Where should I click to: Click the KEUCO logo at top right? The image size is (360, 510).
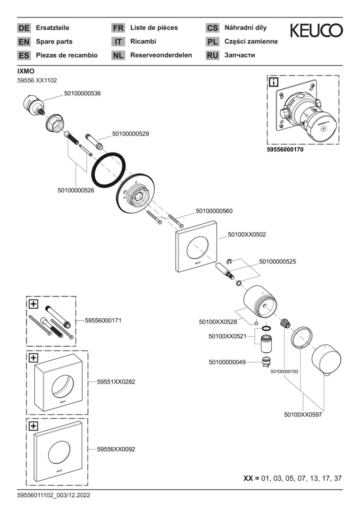pos(316,31)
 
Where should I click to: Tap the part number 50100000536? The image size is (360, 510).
pos(83,93)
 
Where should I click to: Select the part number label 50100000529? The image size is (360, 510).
pos(130,134)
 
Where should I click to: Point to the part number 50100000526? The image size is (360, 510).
pos(76,190)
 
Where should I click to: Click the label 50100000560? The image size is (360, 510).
pos(214,211)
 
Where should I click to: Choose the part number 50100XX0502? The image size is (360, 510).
pos(247,234)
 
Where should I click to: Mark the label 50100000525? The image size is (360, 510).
pos(277,261)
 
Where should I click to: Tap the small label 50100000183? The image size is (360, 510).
pos(284,372)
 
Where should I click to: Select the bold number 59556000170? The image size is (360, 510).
pos(285,150)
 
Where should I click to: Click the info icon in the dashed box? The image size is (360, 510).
pos(273,83)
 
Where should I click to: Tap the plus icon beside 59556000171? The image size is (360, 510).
pos(33,304)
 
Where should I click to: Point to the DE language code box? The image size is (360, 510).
pos(24,28)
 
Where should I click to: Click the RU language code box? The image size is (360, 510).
pos(212,55)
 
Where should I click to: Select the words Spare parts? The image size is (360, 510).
pos(54,42)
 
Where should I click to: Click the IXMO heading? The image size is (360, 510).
pos(25,71)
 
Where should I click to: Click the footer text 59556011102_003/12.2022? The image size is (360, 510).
pos(53,495)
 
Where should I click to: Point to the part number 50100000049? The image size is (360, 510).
pos(227,362)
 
